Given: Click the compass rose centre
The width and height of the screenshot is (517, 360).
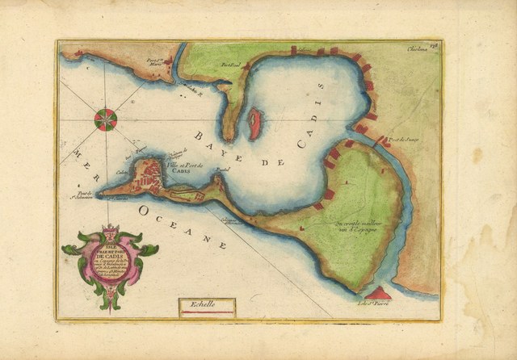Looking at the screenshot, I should (106, 119).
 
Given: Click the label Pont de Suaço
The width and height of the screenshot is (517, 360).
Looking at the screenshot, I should (401, 141).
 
